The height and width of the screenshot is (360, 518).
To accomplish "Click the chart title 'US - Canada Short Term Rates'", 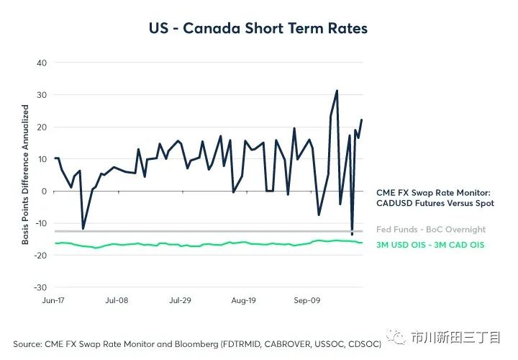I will tap(258, 29).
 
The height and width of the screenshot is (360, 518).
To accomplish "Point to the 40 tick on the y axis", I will tap(42, 63).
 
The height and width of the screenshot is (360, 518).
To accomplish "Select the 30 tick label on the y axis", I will tap(42, 95).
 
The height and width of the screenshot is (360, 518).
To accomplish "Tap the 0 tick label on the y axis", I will tap(44, 191).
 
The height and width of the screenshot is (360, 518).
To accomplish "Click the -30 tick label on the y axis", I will tap(40, 287).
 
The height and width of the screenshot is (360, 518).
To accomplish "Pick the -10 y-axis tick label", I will tap(40, 223).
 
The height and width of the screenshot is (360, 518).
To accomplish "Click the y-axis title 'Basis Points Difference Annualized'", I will tap(25, 175).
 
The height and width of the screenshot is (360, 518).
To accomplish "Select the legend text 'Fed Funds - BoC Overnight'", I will tap(431, 230).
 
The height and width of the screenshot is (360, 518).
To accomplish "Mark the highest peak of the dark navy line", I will tap(337, 91).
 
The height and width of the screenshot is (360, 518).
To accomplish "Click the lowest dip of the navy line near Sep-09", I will tap(352, 235).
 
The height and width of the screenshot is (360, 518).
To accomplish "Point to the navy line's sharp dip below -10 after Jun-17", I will tap(83, 228).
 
